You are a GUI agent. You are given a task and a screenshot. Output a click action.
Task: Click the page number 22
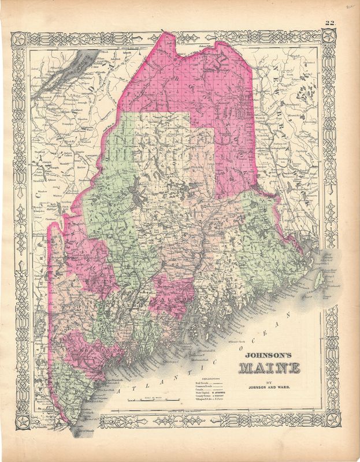(329, 24)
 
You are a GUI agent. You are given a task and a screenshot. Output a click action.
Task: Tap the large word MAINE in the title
(266, 368)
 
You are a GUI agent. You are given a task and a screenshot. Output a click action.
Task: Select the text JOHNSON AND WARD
(266, 387)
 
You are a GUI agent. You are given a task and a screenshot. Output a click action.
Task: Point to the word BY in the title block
(266, 380)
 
